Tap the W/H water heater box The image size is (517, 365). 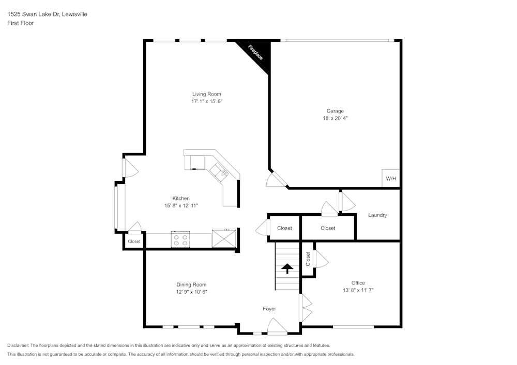[390, 179]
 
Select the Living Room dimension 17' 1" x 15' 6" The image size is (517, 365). [207, 102]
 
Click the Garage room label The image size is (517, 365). [334, 111]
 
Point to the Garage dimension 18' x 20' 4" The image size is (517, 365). [334, 118]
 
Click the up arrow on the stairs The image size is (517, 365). [286, 267]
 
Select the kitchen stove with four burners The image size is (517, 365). [180, 240]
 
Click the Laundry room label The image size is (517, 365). [377, 215]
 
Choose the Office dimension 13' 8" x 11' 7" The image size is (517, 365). [358, 290]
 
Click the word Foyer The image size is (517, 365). [269, 309]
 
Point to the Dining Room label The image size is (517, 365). [191, 284]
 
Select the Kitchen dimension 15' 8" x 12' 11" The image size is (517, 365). [181, 205]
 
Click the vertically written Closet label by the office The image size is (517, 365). [308, 259]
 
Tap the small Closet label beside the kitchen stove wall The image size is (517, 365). [134, 241]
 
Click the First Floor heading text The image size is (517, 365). [21, 23]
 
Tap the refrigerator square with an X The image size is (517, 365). [224, 239]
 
